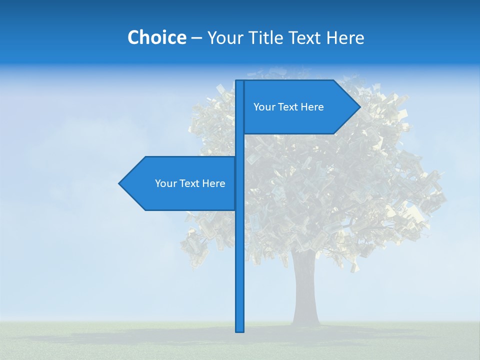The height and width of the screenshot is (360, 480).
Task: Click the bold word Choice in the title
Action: click(x=156, y=37)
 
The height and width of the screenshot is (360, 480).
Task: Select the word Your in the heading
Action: click(x=224, y=37)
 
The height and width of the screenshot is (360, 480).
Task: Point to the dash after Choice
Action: click(x=196, y=38)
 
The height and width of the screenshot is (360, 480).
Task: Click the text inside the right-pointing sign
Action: click(x=288, y=107)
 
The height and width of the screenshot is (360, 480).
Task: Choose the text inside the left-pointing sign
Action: click(x=190, y=183)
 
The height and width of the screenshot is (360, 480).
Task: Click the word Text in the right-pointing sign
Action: click(x=288, y=107)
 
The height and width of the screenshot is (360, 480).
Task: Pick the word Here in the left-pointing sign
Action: click(x=213, y=183)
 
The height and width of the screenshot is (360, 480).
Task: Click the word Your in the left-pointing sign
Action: click(x=165, y=183)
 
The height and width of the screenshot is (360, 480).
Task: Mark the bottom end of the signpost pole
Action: click(x=240, y=330)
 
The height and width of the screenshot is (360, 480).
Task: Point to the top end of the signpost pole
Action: click(x=240, y=82)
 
